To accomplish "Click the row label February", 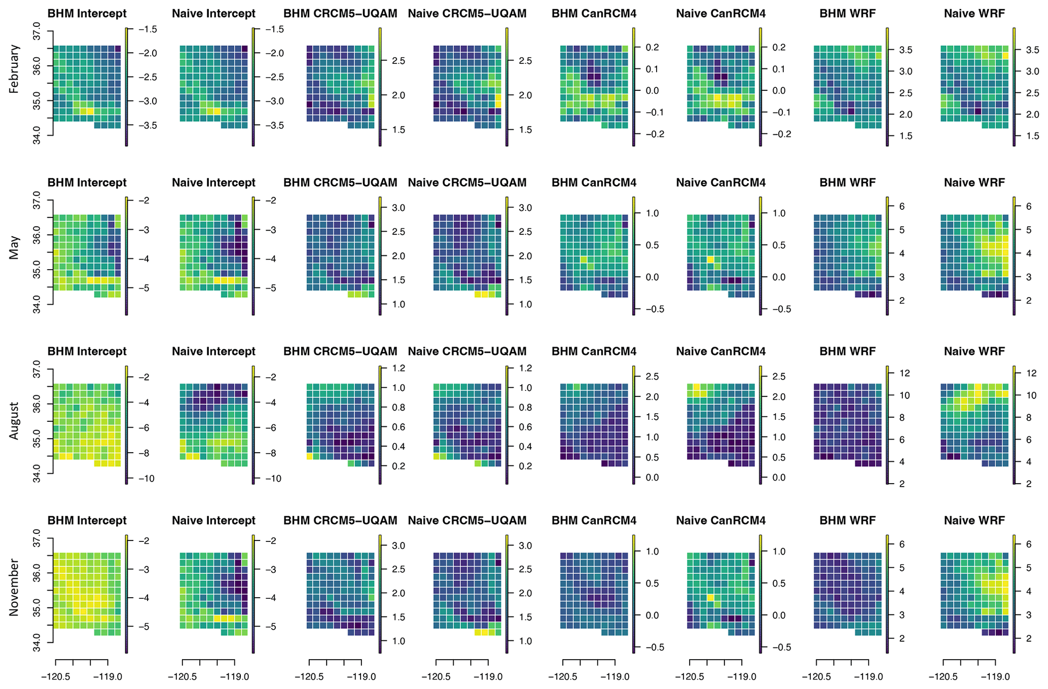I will coord(14,69).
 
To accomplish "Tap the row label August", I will coord(14,421).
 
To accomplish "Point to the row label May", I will coord(14,247).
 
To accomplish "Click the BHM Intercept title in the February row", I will coord(87,14).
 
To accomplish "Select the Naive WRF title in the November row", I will coord(974,520).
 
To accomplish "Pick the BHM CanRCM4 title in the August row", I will coord(594,351).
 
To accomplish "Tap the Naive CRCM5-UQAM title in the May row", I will coord(467,183).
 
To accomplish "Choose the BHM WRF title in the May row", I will coord(847,183).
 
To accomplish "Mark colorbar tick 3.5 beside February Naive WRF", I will coord(1033,50).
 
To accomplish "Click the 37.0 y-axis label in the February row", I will coord(35,31).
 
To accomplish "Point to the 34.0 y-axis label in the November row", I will coord(35,642).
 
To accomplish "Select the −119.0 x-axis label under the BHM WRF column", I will coord(871,677).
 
